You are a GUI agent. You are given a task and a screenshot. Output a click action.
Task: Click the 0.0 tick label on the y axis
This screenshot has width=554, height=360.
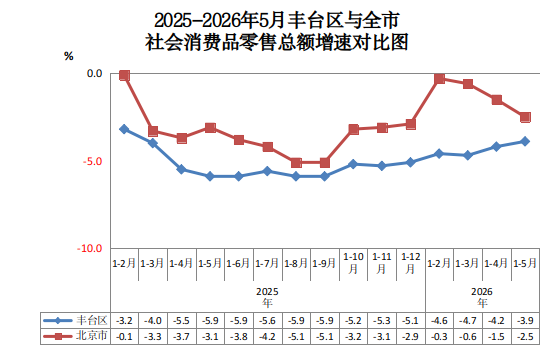(x=94, y=73)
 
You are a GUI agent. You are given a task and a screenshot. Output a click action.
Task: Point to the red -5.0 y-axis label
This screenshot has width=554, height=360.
(x=92, y=161)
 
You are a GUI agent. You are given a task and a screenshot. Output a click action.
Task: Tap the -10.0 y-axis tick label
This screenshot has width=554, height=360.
(x=90, y=248)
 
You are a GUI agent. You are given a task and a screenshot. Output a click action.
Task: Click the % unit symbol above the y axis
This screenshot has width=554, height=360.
(x=69, y=56)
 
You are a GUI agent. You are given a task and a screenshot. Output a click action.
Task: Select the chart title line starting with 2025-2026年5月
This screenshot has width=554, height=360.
(x=277, y=20)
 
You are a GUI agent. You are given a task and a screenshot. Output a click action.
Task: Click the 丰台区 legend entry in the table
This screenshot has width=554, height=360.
(x=75, y=320)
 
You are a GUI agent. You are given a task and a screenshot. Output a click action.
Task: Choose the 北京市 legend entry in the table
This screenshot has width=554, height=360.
(x=75, y=336)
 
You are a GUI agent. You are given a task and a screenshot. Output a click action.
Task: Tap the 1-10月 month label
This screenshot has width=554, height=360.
(x=353, y=263)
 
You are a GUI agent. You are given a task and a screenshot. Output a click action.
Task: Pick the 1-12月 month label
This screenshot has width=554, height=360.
(x=411, y=263)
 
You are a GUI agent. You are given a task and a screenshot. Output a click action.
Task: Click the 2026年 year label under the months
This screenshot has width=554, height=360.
(x=482, y=297)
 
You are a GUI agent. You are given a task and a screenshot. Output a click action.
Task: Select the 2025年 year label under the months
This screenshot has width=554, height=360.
(x=267, y=297)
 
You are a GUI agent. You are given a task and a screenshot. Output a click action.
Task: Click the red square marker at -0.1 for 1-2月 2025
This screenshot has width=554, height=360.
(x=124, y=75)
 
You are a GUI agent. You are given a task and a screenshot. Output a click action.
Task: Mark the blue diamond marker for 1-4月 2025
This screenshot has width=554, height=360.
(x=182, y=170)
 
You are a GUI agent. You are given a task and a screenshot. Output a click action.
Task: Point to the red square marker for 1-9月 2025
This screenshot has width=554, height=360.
(x=325, y=163)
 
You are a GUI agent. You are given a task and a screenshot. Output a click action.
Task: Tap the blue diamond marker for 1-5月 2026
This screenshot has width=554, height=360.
(x=525, y=141)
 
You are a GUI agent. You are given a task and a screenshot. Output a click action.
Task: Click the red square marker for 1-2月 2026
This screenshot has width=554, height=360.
(x=440, y=78)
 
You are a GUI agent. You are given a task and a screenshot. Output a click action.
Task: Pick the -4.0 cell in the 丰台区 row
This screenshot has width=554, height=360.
(x=153, y=321)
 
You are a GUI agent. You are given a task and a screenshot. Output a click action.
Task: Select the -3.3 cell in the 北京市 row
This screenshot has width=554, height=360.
(x=153, y=336)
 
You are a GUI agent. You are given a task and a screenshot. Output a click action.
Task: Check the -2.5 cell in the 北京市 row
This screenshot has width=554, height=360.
(x=525, y=336)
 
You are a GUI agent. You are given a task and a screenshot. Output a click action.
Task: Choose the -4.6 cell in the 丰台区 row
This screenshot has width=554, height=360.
(x=440, y=321)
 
